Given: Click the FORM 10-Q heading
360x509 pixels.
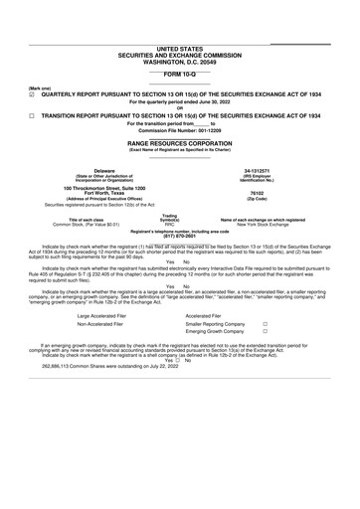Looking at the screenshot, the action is click(179, 75).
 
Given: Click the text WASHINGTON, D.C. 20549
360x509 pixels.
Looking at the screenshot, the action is click(179, 61).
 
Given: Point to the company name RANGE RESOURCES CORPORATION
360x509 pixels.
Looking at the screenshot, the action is click(179, 143).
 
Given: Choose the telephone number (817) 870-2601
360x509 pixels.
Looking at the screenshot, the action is click(179, 235).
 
